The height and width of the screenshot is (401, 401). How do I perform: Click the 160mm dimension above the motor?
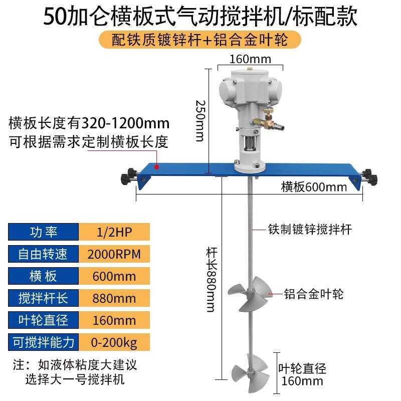pos(250,59)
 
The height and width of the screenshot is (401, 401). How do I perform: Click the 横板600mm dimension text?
pos(314,187)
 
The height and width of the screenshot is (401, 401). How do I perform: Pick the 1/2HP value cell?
pos(114,232)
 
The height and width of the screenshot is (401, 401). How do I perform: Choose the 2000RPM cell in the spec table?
pos(114,254)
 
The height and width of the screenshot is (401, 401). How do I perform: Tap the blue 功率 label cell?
pos(44,232)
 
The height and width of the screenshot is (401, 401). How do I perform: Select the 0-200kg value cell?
pos(114,343)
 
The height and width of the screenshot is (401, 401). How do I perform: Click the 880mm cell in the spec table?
pos(114,299)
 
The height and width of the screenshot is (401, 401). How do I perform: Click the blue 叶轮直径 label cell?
pos(44,321)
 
